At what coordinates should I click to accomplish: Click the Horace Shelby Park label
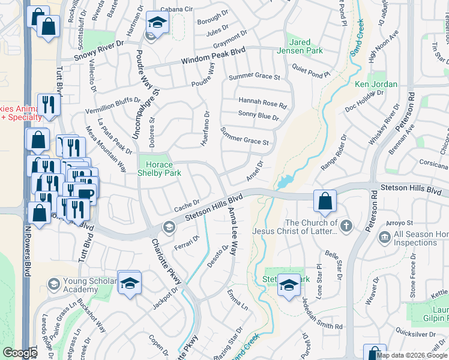tap(156, 169)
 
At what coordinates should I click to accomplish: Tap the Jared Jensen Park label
tap(308, 48)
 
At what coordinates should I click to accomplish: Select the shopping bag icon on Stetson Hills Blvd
tap(325, 202)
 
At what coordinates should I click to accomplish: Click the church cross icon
tap(345, 226)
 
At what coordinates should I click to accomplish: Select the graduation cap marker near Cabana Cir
tap(157, 23)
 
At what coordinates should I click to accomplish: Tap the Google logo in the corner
tap(20, 353)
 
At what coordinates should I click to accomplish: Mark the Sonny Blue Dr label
tap(259, 115)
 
